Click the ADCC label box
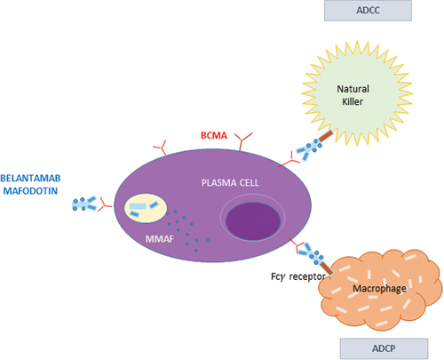(368, 11)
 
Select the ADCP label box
(384, 348)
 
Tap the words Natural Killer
(353, 95)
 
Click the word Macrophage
(379, 288)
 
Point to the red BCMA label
(214, 135)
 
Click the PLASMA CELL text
(230, 182)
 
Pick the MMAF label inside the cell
(160, 239)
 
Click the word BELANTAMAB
(30, 178)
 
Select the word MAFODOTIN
(30, 191)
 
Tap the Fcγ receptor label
(298, 276)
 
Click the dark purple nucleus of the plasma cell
(253, 220)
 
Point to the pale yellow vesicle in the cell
(146, 208)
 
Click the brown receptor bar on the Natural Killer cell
(326, 136)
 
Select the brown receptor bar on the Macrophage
(327, 268)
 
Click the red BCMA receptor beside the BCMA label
(243, 141)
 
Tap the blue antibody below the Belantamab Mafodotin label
(84, 204)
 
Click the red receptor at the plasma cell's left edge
(105, 204)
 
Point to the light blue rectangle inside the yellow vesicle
(138, 206)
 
